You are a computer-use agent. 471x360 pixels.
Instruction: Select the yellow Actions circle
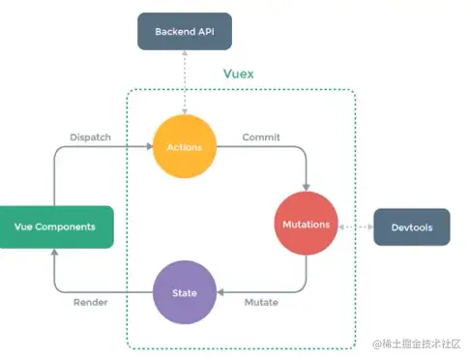(185, 147)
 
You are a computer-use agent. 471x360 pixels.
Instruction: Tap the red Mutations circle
(307, 224)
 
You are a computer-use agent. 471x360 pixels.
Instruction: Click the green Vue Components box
(56, 225)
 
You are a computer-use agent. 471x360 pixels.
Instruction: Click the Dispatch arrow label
(90, 137)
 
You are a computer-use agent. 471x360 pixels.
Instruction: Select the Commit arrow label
(261, 137)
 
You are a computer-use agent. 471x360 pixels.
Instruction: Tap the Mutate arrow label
(260, 302)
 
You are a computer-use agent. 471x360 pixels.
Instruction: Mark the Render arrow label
(90, 302)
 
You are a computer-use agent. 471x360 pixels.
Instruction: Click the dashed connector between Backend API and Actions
(185, 82)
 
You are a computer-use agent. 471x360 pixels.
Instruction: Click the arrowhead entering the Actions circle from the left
(150, 147)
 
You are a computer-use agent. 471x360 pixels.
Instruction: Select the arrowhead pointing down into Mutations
(307, 187)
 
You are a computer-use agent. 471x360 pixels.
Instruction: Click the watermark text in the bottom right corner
(417, 345)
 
